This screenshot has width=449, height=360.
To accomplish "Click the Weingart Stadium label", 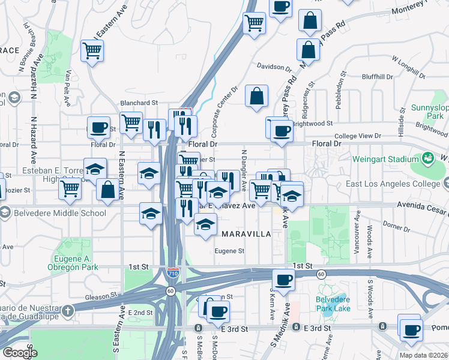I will (x=390, y=159).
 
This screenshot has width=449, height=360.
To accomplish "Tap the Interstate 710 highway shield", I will (x=172, y=272).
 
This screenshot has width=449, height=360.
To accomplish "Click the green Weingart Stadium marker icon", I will (x=428, y=158).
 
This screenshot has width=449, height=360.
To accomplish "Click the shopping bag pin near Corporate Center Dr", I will (x=256, y=96).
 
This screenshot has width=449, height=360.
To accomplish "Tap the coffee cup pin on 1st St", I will (x=283, y=279).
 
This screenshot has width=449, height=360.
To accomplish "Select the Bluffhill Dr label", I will (x=377, y=77).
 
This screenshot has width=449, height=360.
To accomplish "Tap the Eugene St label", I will (x=230, y=251).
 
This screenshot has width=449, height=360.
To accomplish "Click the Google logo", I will (x=20, y=352).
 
